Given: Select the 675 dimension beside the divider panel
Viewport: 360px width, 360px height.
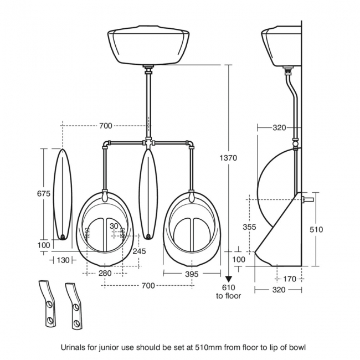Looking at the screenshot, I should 44,194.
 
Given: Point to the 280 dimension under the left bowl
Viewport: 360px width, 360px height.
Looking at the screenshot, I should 105,273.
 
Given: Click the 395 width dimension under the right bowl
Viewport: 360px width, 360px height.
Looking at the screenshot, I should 191,273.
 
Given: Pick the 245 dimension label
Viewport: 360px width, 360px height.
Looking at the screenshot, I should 139,251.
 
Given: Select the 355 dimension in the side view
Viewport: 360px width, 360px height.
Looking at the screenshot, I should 250,227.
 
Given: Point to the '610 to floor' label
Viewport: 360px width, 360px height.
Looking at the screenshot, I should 229,291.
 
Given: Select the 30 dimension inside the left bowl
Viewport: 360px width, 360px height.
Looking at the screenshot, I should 114,226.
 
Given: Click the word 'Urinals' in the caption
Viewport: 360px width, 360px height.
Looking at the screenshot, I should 73,347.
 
